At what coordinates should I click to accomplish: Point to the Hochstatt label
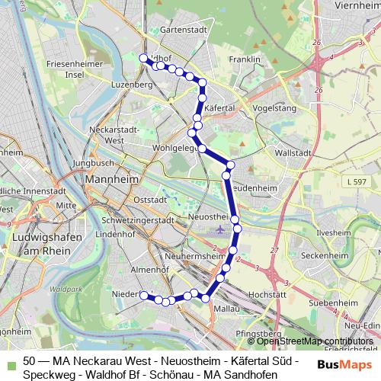click(267, 293)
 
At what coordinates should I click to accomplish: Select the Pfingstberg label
click(255, 333)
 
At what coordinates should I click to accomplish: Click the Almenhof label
click(127, 271)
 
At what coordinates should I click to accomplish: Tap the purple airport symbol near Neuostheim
click(221, 229)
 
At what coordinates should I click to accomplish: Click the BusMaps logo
click(341, 363)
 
